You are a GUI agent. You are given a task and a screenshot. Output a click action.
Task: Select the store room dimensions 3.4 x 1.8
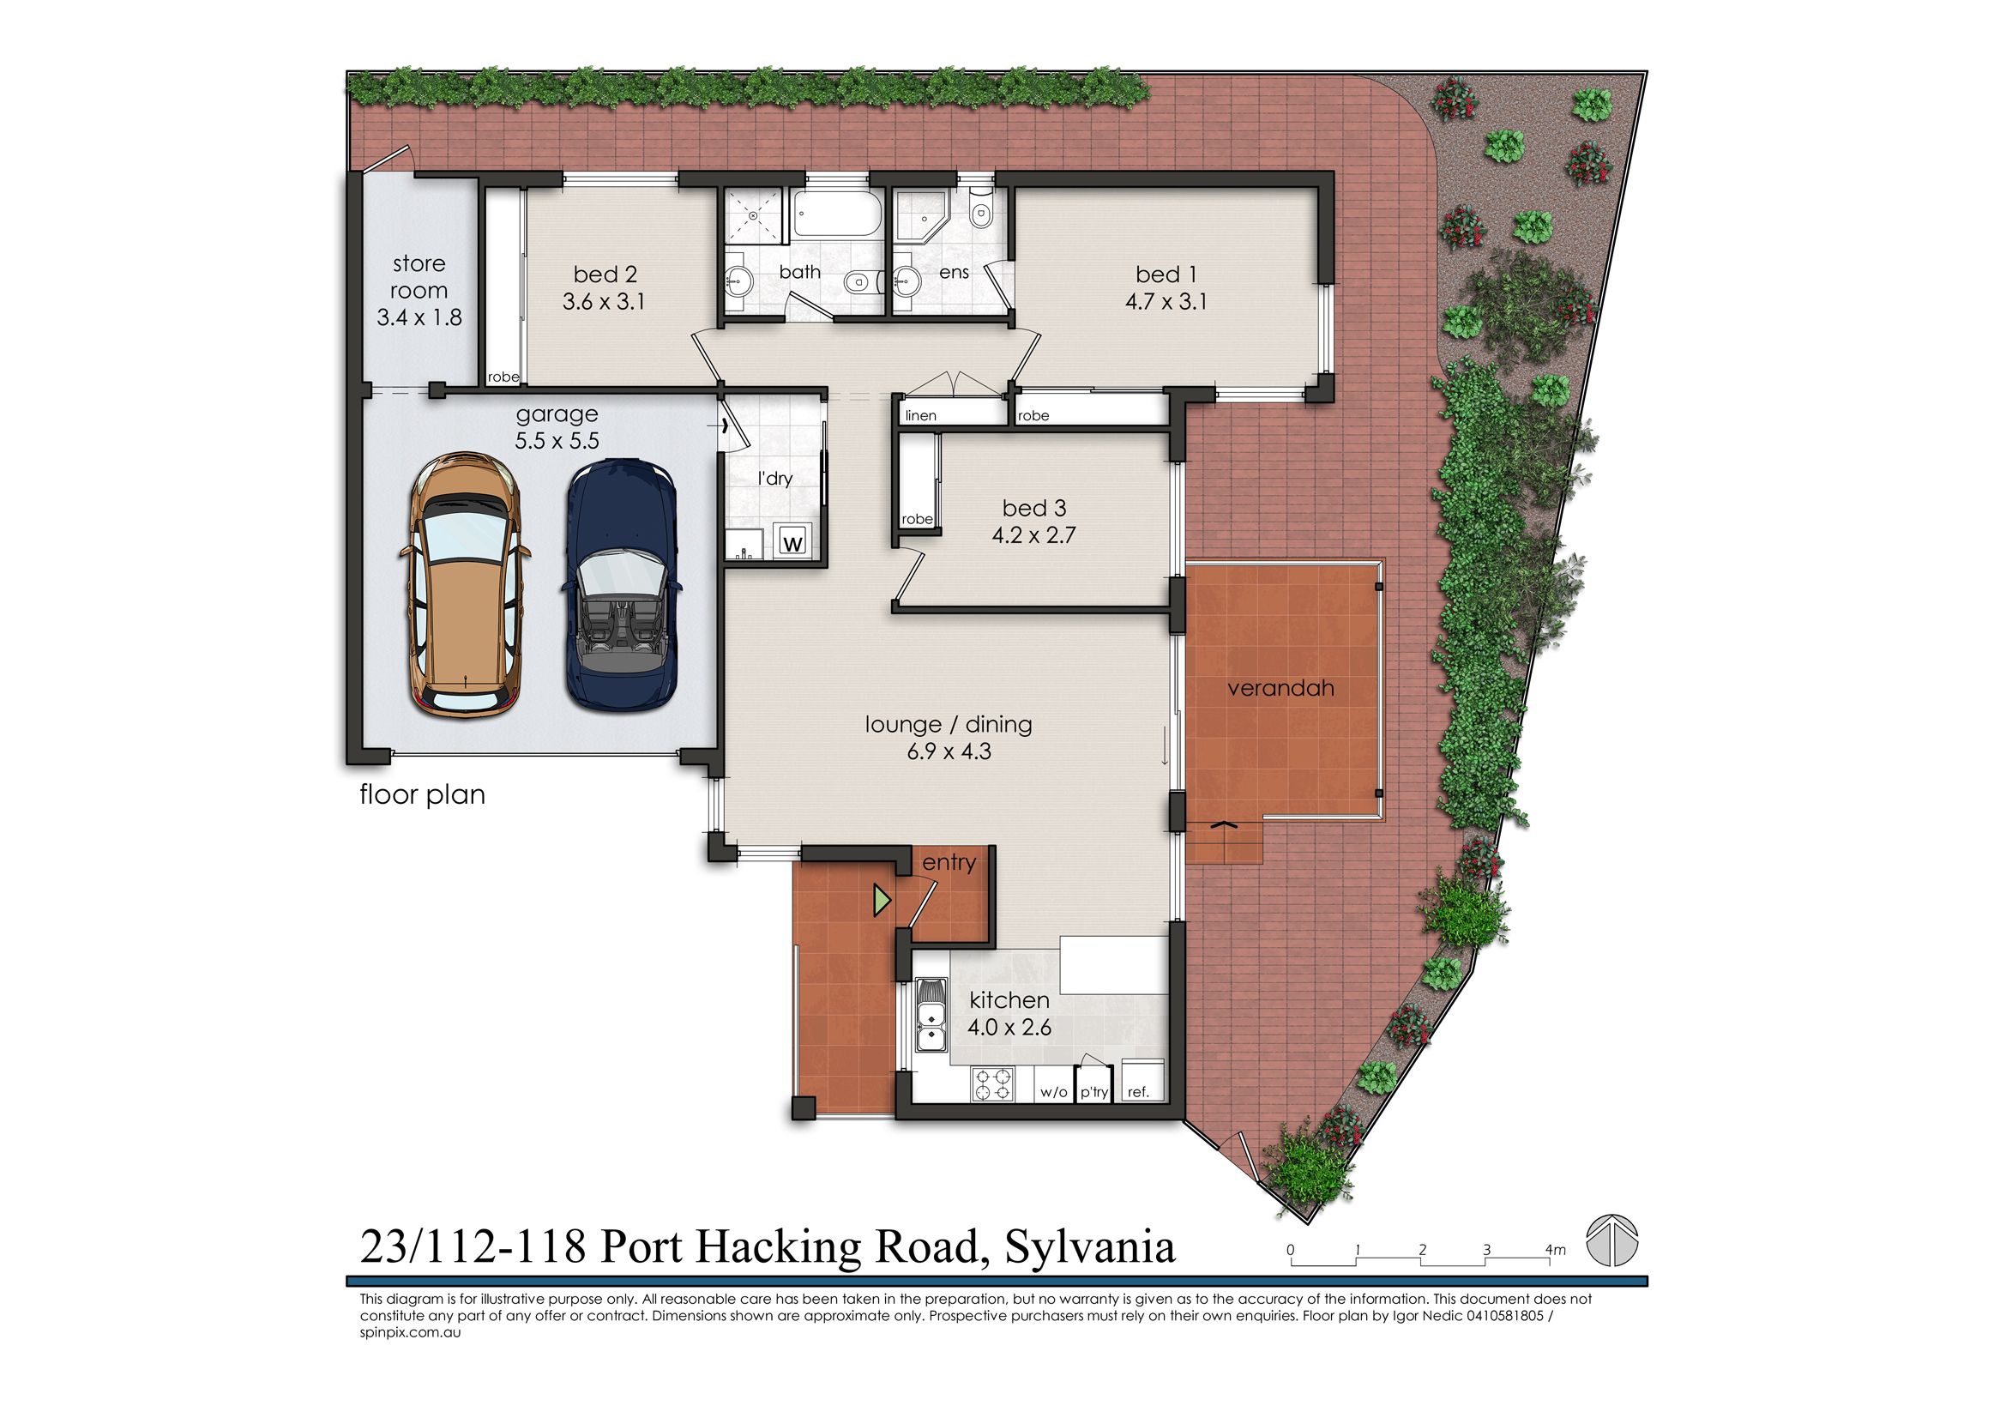419,317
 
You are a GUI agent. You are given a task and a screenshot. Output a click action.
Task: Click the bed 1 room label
1166,275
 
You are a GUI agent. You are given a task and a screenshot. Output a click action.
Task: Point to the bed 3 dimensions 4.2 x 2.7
1033,534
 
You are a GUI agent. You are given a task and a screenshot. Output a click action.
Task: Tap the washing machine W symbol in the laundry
793,542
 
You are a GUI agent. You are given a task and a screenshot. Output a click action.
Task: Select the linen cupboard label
921,416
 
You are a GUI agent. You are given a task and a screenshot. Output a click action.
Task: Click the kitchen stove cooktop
993,1084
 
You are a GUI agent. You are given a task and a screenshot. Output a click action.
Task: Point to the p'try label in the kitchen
1093,1092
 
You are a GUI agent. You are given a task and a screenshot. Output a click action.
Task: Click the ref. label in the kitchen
1137,1092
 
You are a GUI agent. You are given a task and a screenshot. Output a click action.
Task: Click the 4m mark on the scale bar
1554,1250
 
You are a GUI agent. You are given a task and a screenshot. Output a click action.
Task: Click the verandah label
1280,689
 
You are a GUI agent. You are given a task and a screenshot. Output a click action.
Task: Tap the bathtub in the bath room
836,215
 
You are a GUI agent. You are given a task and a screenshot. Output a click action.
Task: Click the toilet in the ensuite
982,208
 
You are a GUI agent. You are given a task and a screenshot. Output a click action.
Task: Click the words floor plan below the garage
422,795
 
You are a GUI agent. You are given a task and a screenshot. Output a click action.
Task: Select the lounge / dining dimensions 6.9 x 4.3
948,751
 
